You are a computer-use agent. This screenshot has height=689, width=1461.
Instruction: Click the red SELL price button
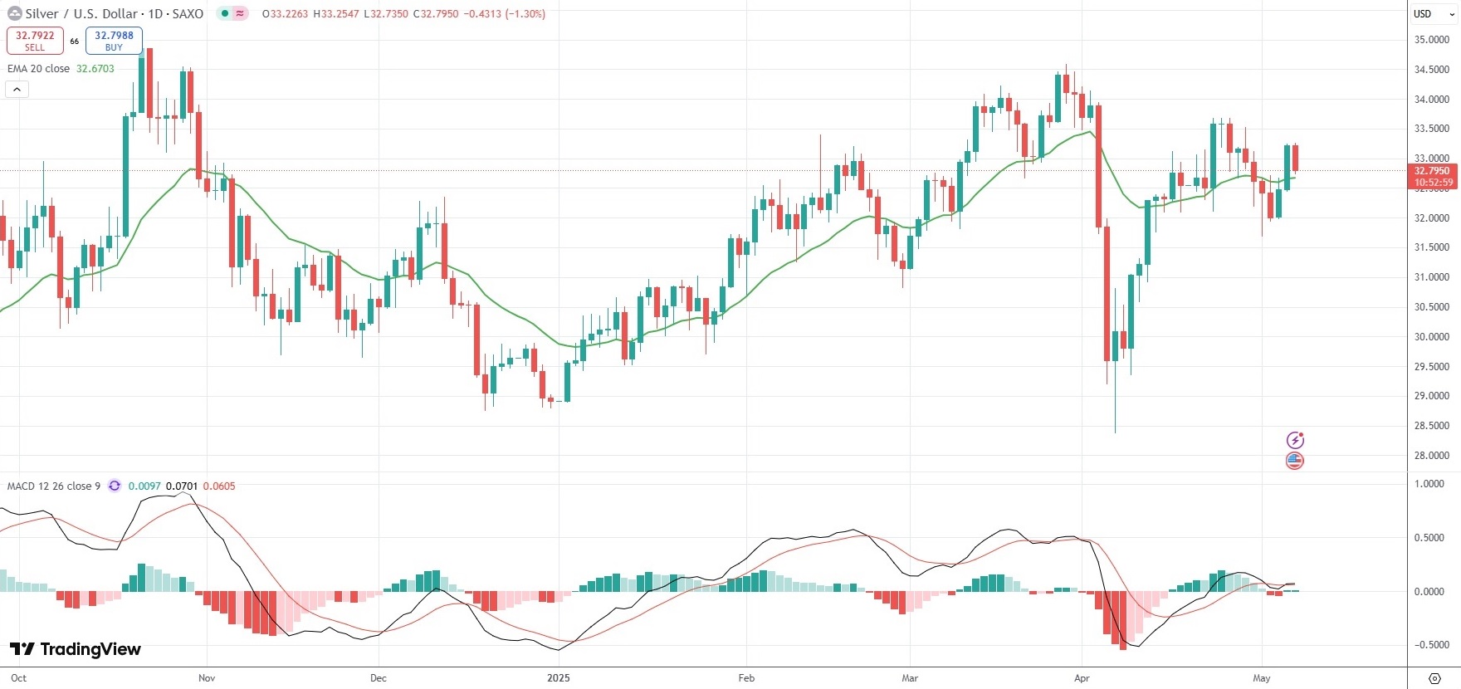tap(35, 41)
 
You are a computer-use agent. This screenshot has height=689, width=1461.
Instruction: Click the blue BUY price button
tap(114, 41)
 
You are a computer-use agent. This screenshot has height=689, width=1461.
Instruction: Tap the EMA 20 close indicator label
tap(39, 69)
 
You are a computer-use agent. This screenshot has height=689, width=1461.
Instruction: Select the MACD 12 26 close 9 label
tap(54, 486)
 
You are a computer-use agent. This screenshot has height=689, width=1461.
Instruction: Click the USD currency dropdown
tap(1433, 14)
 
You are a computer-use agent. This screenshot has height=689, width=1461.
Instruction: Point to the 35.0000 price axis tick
tap(1432, 40)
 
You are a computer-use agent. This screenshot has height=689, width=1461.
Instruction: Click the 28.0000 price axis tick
tap(1432, 456)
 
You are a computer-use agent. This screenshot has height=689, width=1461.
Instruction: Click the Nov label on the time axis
tap(207, 678)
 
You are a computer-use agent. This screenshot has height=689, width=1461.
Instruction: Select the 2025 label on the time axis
tap(559, 678)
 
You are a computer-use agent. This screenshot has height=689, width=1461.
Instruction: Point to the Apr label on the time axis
tap(1082, 678)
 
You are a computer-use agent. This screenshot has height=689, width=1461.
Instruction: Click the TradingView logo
tap(76, 649)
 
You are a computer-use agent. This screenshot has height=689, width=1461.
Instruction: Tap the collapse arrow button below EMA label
tap(17, 89)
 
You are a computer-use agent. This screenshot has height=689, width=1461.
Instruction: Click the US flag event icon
tap(1294, 461)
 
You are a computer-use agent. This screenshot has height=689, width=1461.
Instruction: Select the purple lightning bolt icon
tap(1295, 440)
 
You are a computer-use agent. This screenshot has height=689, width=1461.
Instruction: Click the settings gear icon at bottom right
tap(1434, 678)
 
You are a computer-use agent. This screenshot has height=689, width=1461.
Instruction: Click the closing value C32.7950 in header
tap(435, 14)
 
